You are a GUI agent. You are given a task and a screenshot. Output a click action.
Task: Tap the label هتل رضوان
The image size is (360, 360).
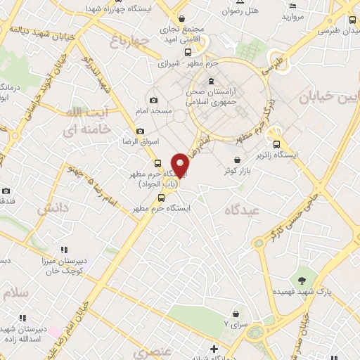(x=241, y=11)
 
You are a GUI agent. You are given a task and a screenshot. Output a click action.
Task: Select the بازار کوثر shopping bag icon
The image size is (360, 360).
(x=236, y=159)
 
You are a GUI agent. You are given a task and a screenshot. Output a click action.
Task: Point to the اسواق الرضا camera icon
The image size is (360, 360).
(x=140, y=131)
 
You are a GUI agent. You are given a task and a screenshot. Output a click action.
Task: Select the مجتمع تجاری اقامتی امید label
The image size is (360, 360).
(x=183, y=36)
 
